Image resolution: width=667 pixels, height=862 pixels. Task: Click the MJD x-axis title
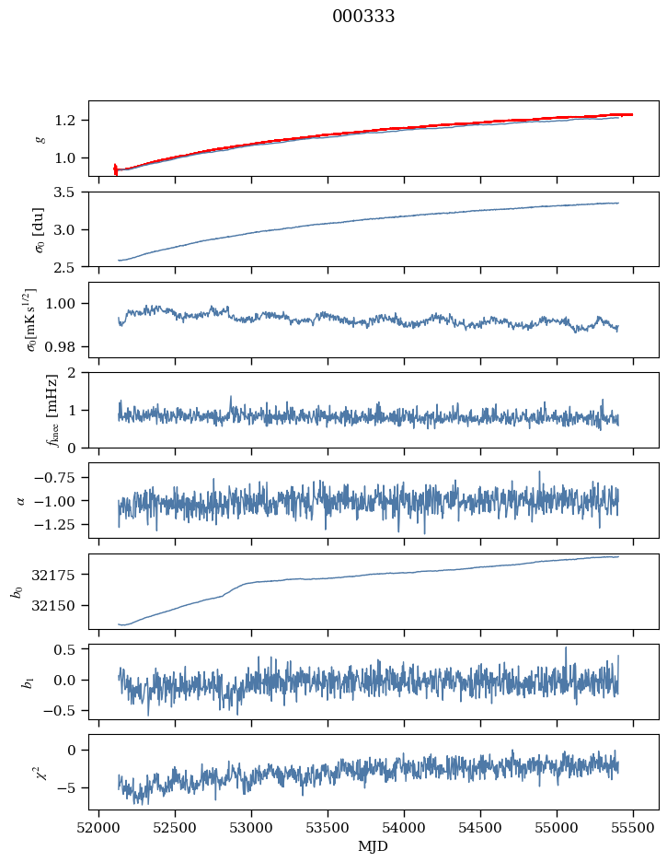(x=374, y=846)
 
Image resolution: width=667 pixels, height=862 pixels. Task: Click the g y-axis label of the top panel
(x=40, y=138)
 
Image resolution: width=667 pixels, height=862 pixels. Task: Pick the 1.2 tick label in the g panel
(x=71, y=121)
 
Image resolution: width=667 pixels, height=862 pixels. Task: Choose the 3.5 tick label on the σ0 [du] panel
(x=71, y=192)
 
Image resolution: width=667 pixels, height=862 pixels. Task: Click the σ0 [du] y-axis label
(x=40, y=228)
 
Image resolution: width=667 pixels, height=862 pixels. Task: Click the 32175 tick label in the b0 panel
(x=62, y=575)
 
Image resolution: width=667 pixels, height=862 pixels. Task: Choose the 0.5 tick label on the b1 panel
(x=71, y=649)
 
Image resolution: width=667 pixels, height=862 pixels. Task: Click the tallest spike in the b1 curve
(x=566, y=647)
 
